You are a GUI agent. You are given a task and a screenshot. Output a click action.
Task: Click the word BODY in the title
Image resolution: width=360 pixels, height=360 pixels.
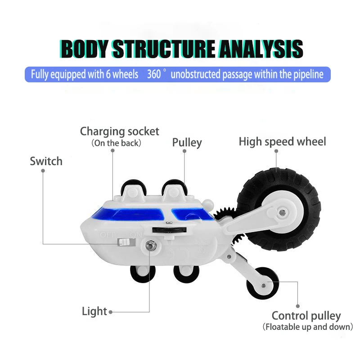tap(84, 49)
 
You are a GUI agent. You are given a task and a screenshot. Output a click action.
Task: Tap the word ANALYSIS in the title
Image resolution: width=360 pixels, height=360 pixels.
tap(261, 49)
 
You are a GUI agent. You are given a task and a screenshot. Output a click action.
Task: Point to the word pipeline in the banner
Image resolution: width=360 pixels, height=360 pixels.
tap(306, 74)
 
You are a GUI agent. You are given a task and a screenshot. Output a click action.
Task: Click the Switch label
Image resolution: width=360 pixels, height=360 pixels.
tap(46, 161)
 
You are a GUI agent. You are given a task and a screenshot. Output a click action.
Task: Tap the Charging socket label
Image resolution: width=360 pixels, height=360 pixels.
tap(119, 131)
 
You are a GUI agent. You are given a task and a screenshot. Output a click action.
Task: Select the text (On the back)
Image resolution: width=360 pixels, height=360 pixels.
tap(117, 143)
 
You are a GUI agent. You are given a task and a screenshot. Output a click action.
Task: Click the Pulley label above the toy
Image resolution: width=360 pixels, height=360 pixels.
tap(187, 143)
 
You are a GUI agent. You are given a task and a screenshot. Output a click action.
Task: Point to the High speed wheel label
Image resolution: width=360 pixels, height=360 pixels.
tap(282, 142)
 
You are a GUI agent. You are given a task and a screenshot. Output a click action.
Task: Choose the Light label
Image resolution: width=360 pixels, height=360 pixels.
tap(94, 311)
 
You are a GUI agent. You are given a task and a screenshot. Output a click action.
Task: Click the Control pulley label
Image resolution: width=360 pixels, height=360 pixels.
tap(306, 316)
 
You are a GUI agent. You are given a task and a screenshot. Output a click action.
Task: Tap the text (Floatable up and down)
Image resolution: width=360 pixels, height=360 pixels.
tap(307, 327)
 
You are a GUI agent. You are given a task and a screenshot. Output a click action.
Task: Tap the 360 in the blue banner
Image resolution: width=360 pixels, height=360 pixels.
tap(154, 74)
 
